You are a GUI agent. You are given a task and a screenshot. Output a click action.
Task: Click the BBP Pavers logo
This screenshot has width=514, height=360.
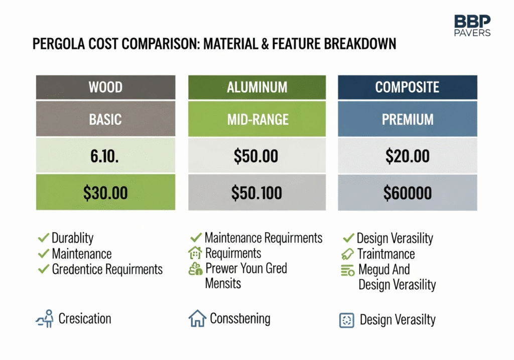[472, 25]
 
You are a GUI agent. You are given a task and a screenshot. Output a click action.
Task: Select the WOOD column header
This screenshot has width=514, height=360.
[105, 87]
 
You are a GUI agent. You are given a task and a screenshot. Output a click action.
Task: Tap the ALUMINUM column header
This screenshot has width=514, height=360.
[257, 87]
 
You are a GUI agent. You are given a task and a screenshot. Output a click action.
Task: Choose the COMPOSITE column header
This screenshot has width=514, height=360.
[408, 87]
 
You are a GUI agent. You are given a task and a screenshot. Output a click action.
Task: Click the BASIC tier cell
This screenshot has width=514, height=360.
[105, 118]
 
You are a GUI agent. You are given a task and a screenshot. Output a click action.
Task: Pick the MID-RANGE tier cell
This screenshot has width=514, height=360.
[257, 118]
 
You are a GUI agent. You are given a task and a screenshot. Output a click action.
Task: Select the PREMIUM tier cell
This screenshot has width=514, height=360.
[408, 118]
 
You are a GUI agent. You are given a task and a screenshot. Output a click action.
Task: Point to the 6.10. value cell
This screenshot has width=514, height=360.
[105, 156]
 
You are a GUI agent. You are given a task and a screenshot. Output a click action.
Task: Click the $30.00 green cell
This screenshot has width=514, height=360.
[105, 192]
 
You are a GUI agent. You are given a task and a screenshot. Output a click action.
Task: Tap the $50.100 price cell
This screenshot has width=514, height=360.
[257, 192]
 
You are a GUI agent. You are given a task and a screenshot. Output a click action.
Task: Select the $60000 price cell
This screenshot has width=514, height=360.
[408, 192]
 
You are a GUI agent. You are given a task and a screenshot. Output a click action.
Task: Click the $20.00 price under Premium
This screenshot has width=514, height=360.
[408, 156]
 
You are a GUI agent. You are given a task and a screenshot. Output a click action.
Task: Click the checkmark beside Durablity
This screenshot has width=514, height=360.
[43, 237]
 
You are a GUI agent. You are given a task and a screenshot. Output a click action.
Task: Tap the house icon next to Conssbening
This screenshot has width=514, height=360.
[197, 318]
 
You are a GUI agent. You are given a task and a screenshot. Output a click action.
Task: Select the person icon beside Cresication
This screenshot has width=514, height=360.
[45, 318]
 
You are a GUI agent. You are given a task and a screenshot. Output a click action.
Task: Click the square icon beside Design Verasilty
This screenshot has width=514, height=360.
[346, 320]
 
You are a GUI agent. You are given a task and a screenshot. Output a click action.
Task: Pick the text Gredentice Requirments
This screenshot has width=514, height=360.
[107, 269]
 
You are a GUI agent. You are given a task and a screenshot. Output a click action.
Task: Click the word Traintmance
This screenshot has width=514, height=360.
[386, 254]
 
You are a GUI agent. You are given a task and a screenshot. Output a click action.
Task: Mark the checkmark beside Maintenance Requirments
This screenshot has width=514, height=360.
[196, 237]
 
